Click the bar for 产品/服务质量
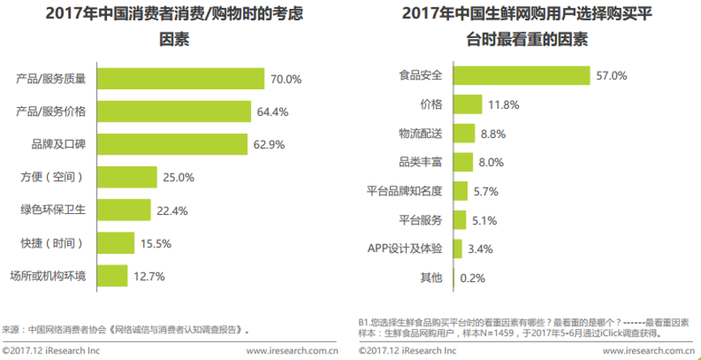tap(182, 79)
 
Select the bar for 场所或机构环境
tap(113, 276)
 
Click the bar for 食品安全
tap(520, 75)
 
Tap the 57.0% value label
tap(612, 75)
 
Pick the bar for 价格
tap(466, 105)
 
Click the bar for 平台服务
tap(459, 220)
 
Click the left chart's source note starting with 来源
tap(125, 330)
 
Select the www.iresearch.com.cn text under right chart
tap(648, 351)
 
